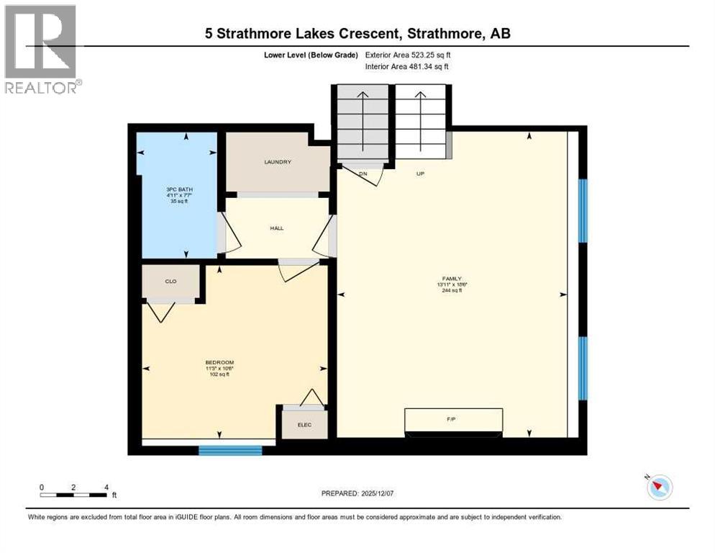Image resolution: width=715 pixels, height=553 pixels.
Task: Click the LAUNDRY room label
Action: pyautogui.click(x=278, y=162)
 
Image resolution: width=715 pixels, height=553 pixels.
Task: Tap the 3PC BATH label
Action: pyautogui.click(x=179, y=189)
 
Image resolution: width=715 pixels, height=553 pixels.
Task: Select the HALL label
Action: pyautogui.click(x=277, y=228)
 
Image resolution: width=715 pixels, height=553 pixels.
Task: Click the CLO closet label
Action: pyautogui.click(x=170, y=282)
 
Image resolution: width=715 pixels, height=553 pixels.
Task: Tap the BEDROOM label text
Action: pyautogui.click(x=219, y=363)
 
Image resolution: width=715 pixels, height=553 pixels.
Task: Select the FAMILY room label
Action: pyautogui.click(x=451, y=279)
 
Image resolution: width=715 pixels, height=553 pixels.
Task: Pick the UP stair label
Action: pyautogui.click(x=420, y=174)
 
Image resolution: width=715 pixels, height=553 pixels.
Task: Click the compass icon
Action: pyautogui.click(x=659, y=487)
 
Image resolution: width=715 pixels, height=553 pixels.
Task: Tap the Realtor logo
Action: pyautogui.click(x=42, y=49)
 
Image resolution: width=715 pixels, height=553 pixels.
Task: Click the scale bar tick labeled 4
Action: pyautogui.click(x=106, y=487)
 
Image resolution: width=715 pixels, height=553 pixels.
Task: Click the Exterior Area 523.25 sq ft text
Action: pyautogui.click(x=408, y=55)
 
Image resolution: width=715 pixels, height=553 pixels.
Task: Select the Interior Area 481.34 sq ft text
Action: pyautogui.click(x=408, y=67)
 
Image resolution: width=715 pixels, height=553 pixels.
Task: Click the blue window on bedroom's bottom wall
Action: pyautogui.click(x=230, y=451)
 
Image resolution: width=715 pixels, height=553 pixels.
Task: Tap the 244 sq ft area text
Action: pyautogui.click(x=451, y=290)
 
